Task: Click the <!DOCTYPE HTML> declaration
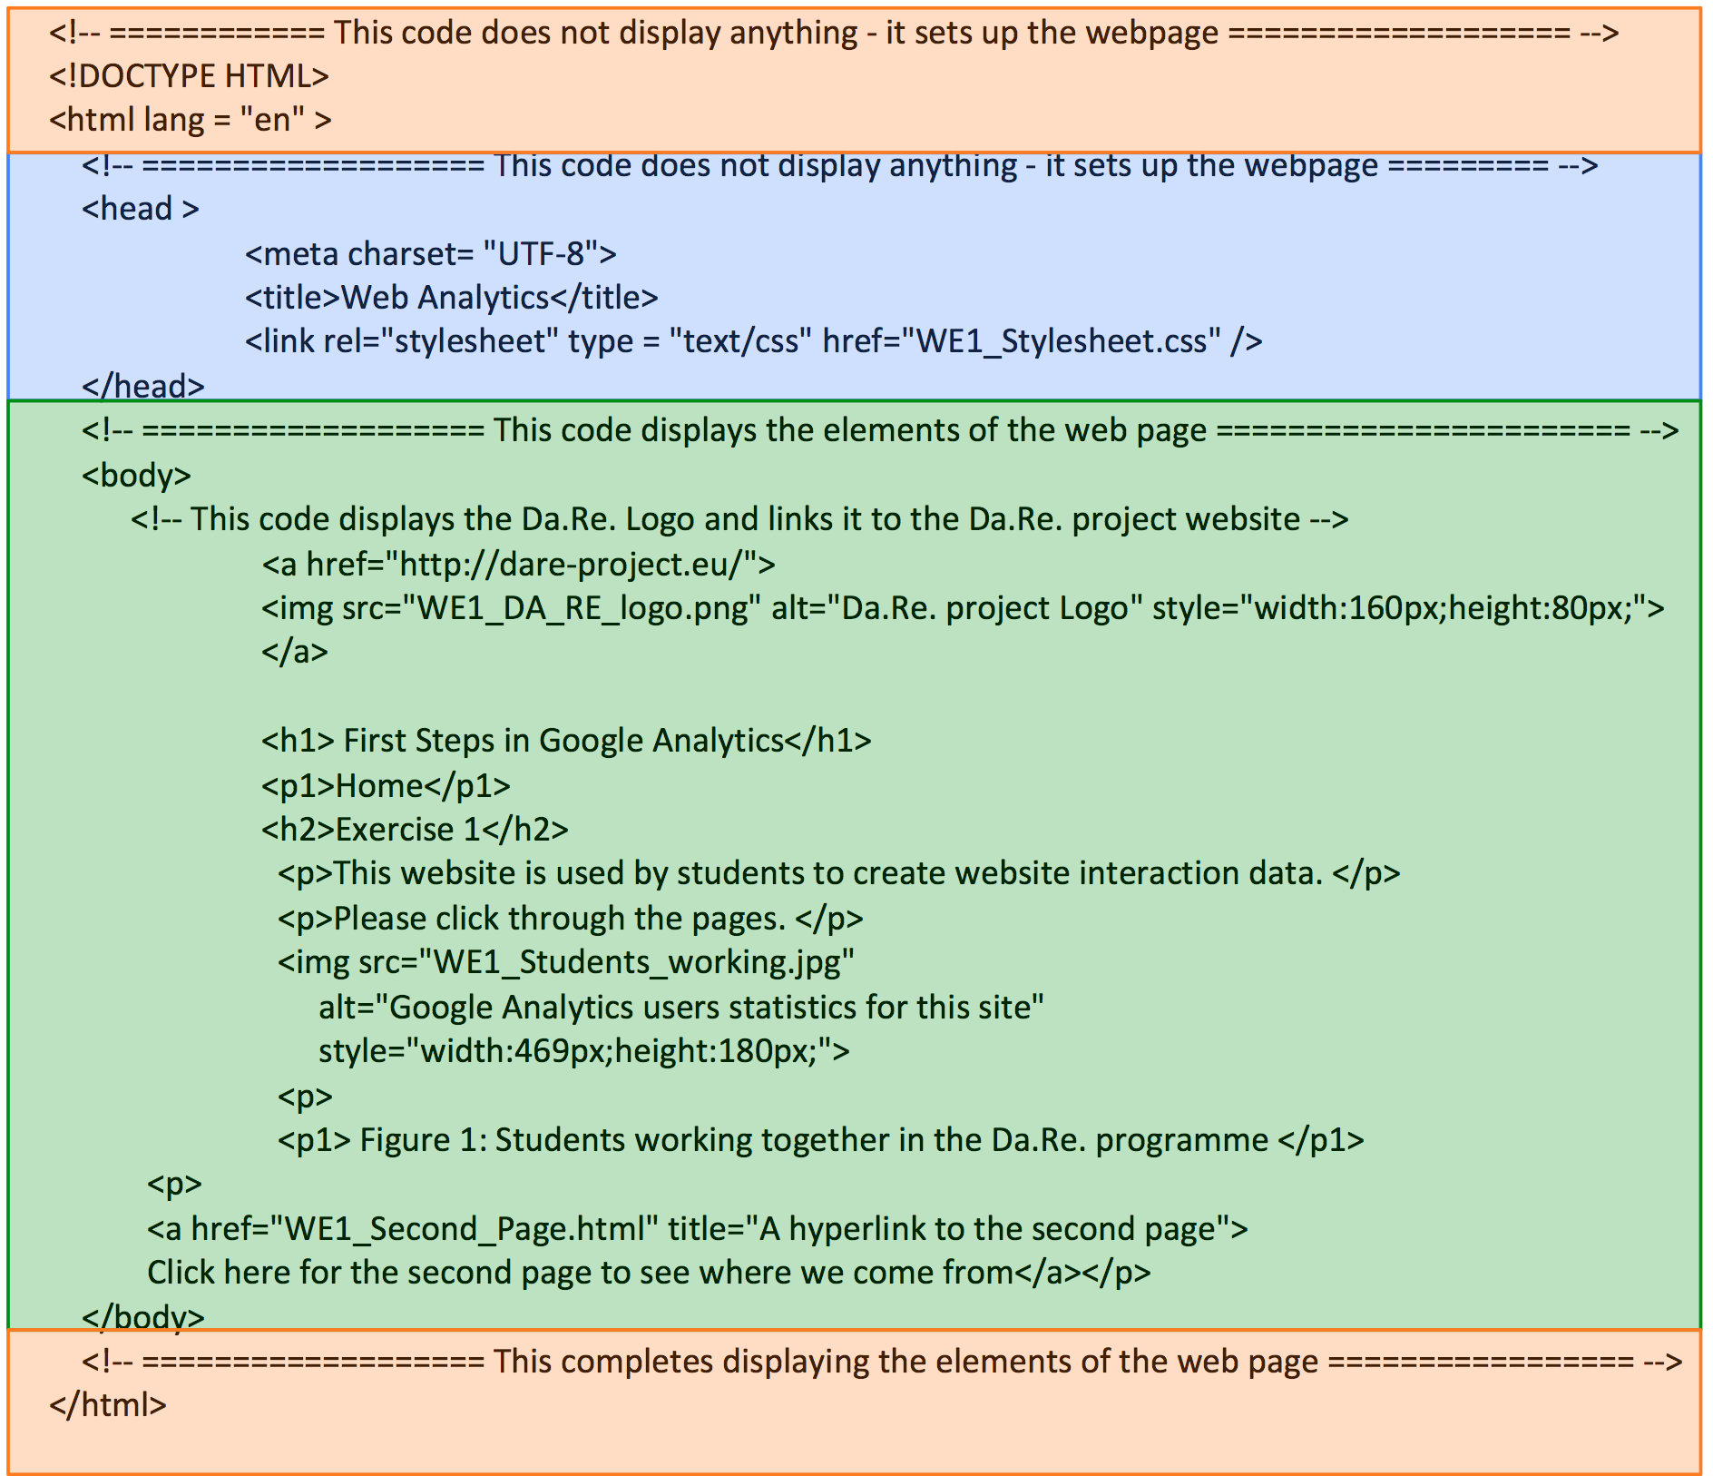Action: [189, 76]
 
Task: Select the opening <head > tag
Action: [140, 210]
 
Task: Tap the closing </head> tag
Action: [143, 387]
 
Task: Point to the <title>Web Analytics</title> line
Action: [451, 298]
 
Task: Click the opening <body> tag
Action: [136, 476]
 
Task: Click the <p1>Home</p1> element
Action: [386, 786]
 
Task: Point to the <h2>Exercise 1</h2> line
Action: [415, 830]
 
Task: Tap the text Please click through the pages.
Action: [559, 919]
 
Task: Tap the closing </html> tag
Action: [108, 1405]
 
